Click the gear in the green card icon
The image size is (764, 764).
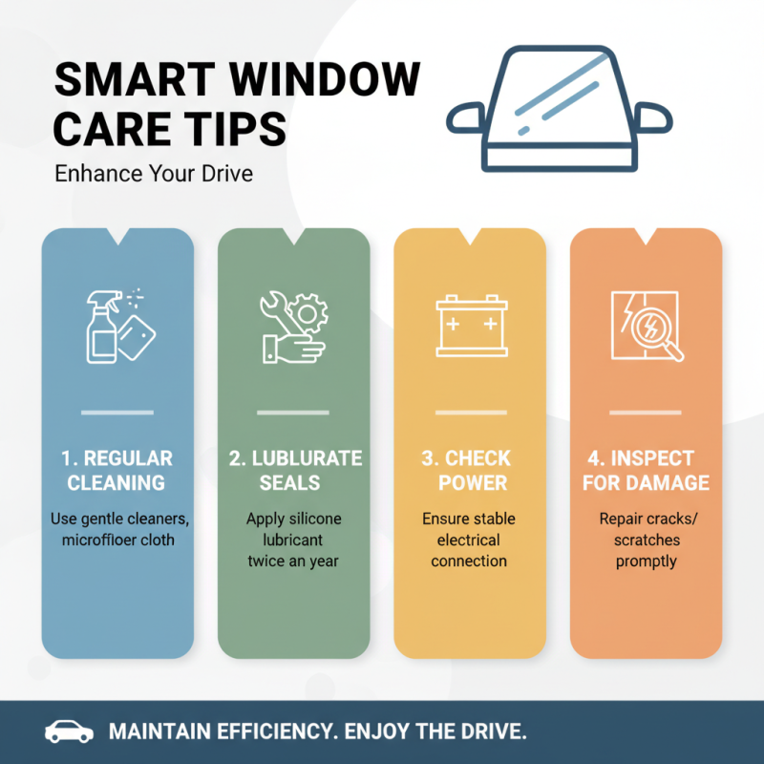pyautogui.click(x=308, y=312)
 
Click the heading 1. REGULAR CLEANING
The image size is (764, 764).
pyautogui.click(x=117, y=470)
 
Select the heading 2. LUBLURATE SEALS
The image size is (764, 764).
pyautogui.click(x=294, y=470)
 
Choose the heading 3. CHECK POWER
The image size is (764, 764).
pyautogui.click(x=470, y=470)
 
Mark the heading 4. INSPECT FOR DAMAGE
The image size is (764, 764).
pyautogui.click(x=646, y=470)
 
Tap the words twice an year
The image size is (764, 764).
pyautogui.click(x=294, y=562)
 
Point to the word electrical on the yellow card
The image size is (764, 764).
pyautogui.click(x=470, y=541)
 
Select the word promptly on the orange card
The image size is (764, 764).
pyautogui.click(x=646, y=562)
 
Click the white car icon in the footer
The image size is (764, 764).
pyautogui.click(x=70, y=732)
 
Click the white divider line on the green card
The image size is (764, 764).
pyautogui.click(x=294, y=413)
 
